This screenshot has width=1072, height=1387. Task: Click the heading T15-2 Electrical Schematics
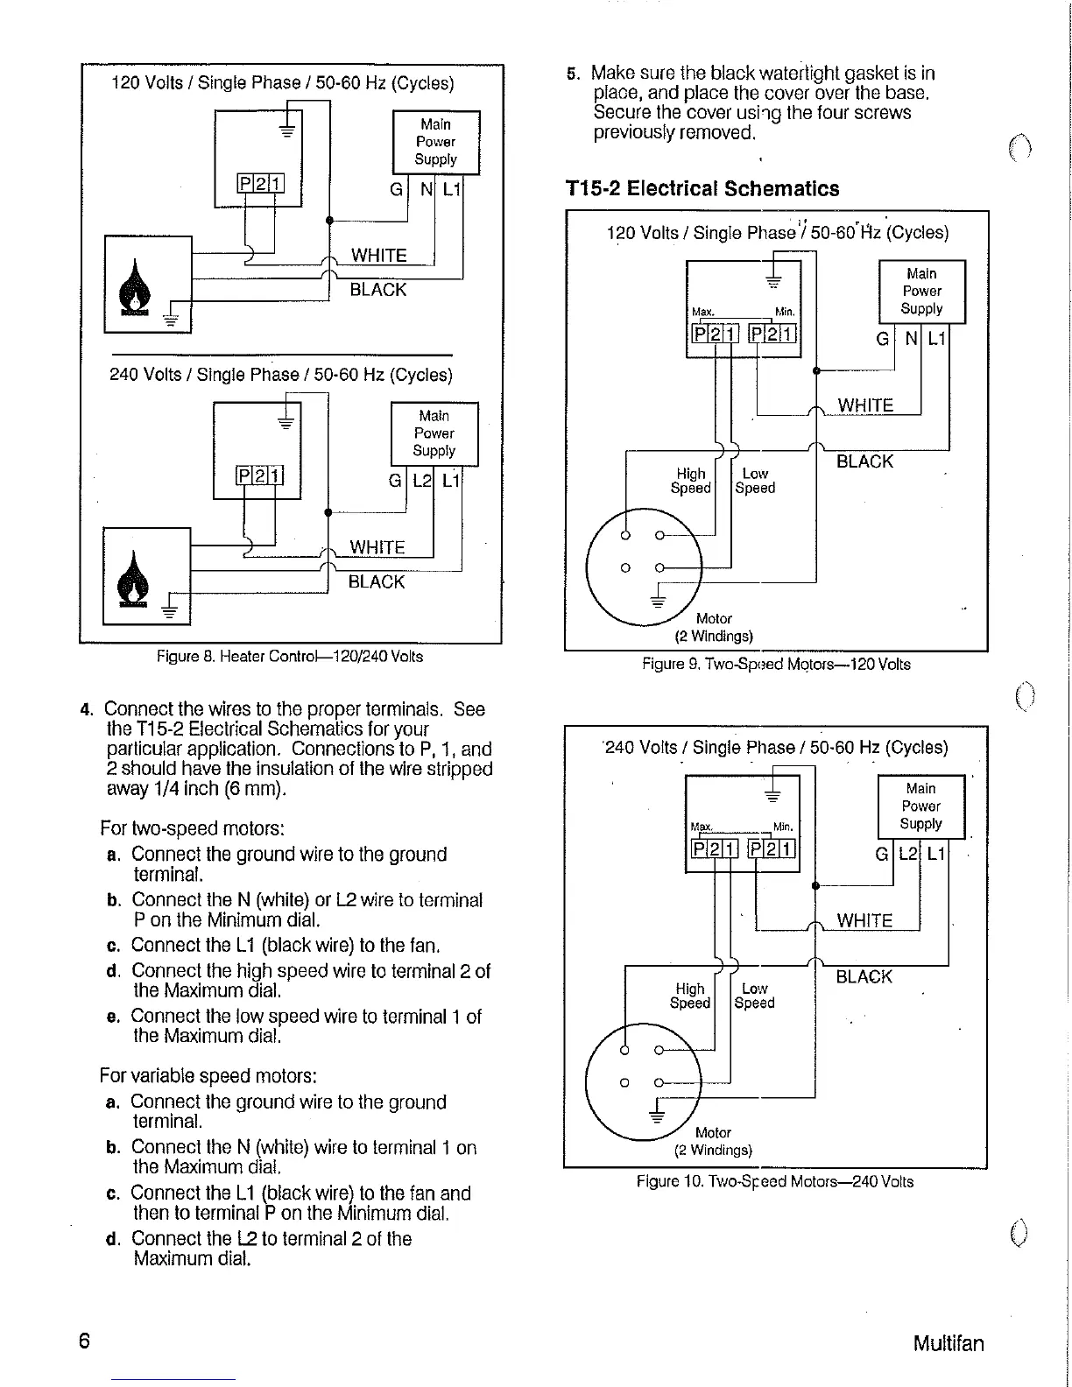[x=702, y=189]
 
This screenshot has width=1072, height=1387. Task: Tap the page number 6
[x=85, y=1341]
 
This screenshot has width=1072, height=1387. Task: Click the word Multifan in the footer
[x=948, y=1343]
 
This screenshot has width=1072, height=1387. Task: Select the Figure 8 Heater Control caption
[x=290, y=657]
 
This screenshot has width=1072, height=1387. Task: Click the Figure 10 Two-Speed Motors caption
[x=774, y=1181]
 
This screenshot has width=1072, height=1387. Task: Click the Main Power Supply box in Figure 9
[x=921, y=292]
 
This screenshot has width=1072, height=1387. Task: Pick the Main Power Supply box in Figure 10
[x=920, y=806]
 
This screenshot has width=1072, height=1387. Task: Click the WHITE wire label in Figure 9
[x=865, y=405]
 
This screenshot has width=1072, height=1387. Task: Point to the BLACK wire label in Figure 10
[x=864, y=977]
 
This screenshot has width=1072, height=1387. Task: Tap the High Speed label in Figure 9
[x=690, y=481]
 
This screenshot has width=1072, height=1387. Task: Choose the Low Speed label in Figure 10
[x=754, y=996]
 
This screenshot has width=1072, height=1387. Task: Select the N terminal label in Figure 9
[x=912, y=339]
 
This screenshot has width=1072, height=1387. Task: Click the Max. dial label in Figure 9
[x=703, y=312]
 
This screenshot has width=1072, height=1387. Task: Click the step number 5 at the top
[x=573, y=74]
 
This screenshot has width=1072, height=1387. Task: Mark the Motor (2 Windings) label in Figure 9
[x=714, y=627]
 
